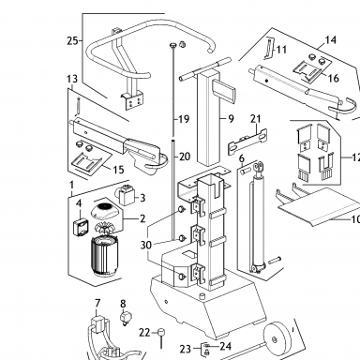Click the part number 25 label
[72, 40]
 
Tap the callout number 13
[72, 79]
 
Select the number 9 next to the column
[231, 119]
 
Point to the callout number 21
[255, 119]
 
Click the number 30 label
[145, 246]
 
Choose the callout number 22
[144, 333]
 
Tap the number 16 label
[334, 78]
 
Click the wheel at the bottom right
[275, 338]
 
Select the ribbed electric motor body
[105, 256]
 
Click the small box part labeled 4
[81, 227]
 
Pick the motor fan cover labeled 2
[105, 211]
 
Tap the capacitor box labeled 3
[127, 195]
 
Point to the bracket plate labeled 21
[247, 140]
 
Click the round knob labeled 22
[161, 332]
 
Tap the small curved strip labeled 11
[269, 48]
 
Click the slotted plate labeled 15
[87, 162]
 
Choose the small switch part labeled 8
[125, 318]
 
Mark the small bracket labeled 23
[205, 349]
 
